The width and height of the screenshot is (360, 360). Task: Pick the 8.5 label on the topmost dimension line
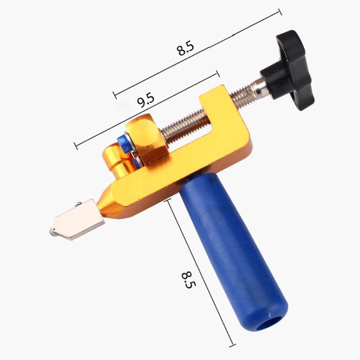[x=185, y=49]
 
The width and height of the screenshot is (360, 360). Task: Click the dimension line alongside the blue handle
[x=200, y=270]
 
